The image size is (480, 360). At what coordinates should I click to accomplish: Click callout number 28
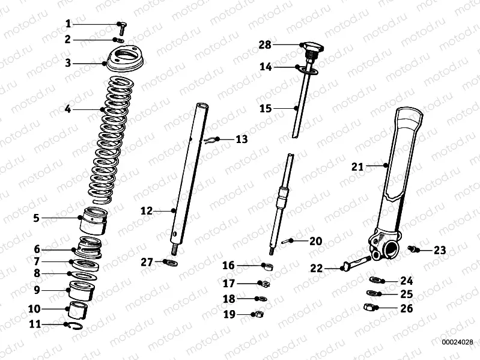(x=265, y=45)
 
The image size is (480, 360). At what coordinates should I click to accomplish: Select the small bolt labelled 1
(x=120, y=25)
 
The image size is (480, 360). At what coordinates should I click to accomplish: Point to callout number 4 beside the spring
(x=67, y=109)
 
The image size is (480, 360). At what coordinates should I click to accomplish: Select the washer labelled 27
(x=171, y=263)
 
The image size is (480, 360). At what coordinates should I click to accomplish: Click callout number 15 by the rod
(x=265, y=109)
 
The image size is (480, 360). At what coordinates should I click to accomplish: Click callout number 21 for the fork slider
(x=357, y=167)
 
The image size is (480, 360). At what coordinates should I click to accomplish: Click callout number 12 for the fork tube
(x=147, y=211)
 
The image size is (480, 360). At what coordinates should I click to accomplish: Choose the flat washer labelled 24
(x=374, y=280)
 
